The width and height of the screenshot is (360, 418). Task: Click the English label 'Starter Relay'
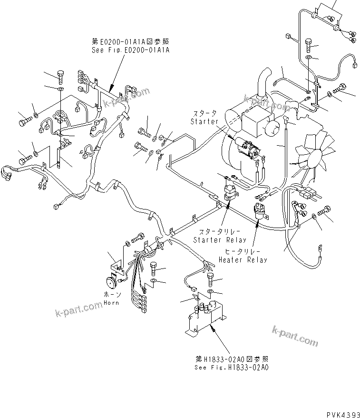click(220, 240)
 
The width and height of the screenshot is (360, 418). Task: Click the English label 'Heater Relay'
click(243, 260)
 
